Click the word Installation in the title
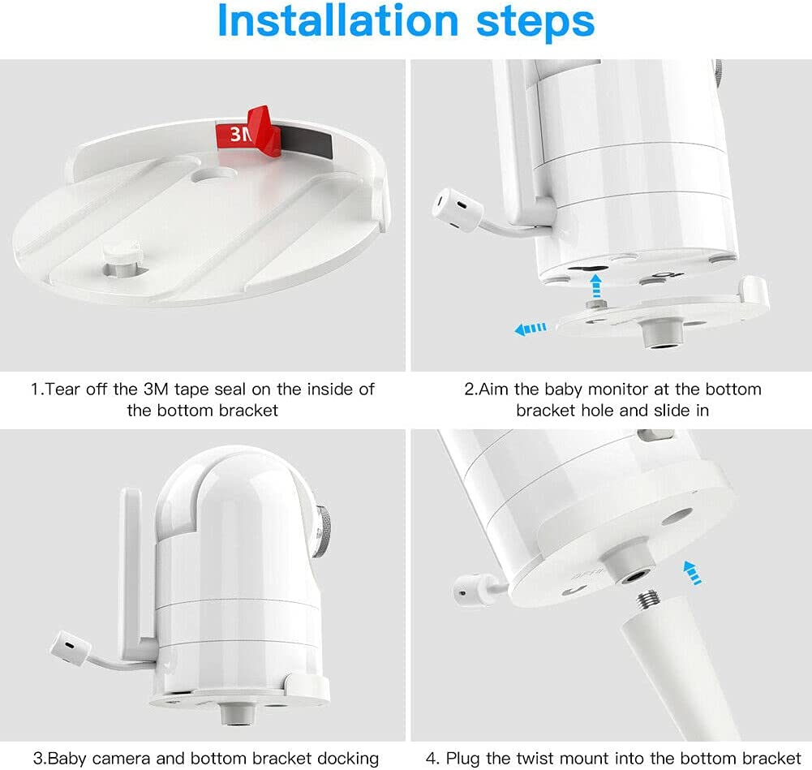click(338, 21)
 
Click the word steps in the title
click(535, 24)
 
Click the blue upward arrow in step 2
click(596, 285)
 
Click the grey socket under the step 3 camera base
click(238, 714)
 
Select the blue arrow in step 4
click(693, 573)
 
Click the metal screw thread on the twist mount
click(647, 602)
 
